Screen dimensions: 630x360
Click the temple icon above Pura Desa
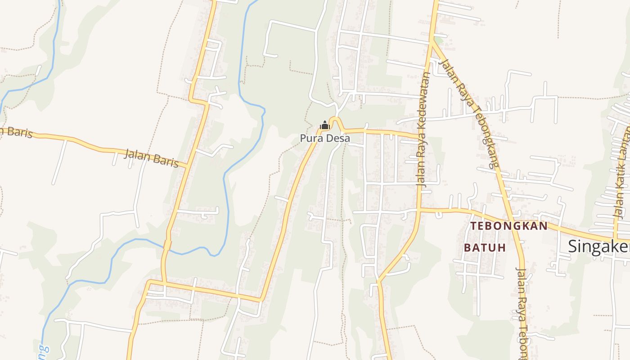pos(324,125)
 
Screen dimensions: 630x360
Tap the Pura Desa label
pos(325,138)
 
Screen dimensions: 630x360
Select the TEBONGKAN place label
pos(508,226)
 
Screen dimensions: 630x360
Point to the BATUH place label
pos(485,247)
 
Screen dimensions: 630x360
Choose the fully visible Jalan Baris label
pos(151,157)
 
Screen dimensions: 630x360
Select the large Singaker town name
pos(598,246)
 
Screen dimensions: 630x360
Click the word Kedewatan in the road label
pos(424,104)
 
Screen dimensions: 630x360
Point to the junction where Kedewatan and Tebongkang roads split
pos(432,41)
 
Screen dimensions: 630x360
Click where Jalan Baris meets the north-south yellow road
pos(185,167)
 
